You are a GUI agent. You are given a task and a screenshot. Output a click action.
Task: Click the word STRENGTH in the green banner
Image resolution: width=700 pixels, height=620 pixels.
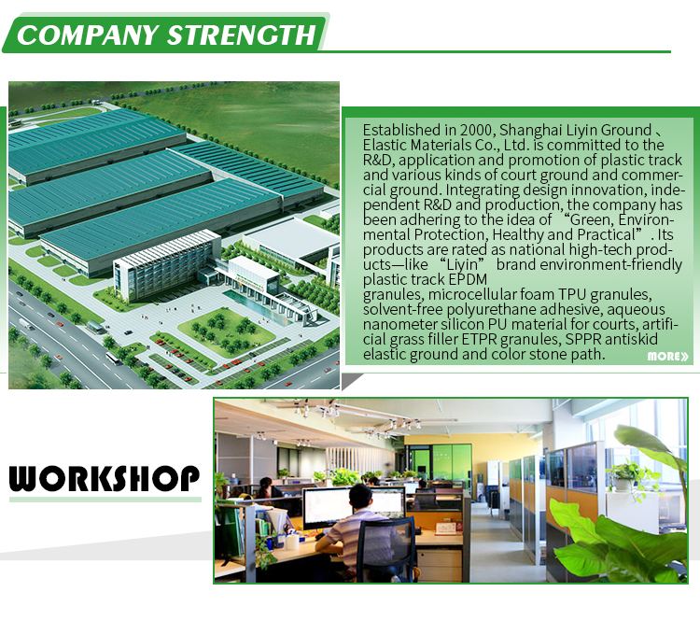[242, 35]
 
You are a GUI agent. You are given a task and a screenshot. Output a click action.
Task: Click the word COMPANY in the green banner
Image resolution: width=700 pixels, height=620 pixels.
[88, 35]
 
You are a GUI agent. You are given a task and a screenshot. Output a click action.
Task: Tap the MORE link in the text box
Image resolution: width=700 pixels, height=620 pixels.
[668, 356]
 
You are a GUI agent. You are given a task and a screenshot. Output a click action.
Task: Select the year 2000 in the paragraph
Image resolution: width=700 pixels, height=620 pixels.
[476, 130]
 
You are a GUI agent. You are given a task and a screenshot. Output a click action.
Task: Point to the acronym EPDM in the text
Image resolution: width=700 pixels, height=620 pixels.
[468, 279]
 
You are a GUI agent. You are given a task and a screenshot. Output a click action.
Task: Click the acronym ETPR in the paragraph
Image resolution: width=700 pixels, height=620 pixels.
[479, 339]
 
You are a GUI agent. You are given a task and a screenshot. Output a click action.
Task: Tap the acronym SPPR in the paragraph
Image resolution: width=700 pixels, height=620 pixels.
[582, 339]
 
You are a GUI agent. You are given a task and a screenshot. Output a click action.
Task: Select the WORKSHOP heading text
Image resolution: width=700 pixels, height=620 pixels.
[105, 478]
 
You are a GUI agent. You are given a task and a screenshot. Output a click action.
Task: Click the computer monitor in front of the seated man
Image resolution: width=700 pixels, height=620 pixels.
[327, 507]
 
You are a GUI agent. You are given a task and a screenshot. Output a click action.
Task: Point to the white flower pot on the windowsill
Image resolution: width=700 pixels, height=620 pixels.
[623, 485]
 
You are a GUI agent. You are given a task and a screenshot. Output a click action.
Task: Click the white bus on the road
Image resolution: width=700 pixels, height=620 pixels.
[112, 358]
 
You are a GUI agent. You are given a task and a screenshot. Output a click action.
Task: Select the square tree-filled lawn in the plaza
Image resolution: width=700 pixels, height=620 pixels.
[227, 332]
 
